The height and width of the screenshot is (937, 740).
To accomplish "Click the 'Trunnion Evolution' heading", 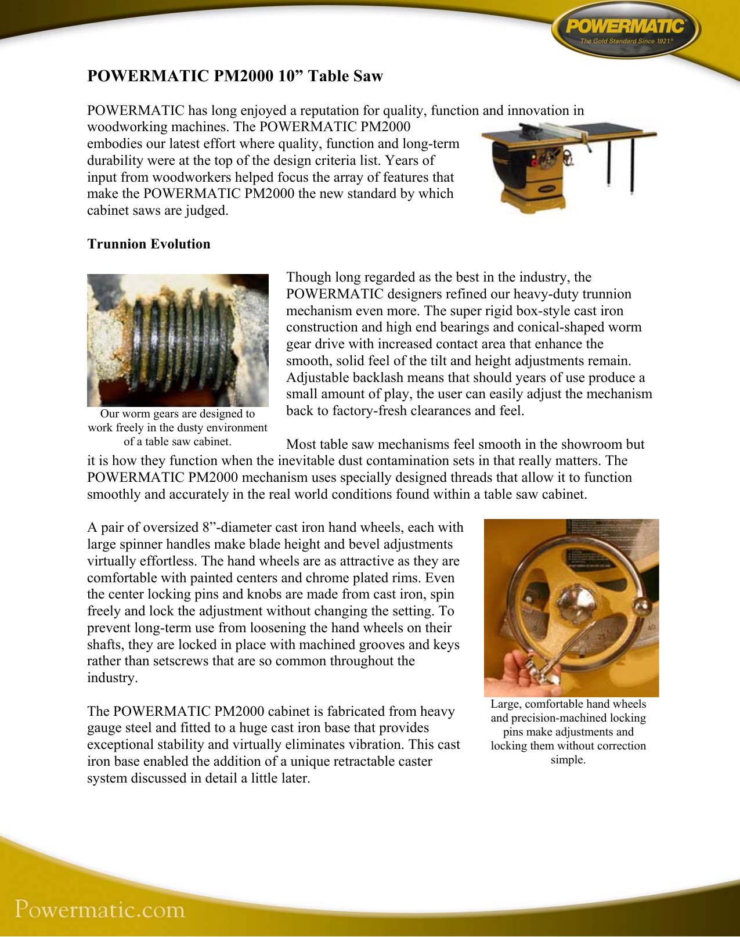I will pos(149,244).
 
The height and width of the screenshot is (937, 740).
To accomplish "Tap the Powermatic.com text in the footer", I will pos(100,909).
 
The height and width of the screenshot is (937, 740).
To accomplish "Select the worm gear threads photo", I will pos(178,340).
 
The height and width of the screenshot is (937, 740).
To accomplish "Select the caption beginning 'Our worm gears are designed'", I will pos(178,427).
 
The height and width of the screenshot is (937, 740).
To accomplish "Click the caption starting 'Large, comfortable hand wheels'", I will pos(568,731).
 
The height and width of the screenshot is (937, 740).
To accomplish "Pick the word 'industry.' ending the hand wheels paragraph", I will pos(113,678).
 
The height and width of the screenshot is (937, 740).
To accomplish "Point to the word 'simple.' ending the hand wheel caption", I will pos(568,760).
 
